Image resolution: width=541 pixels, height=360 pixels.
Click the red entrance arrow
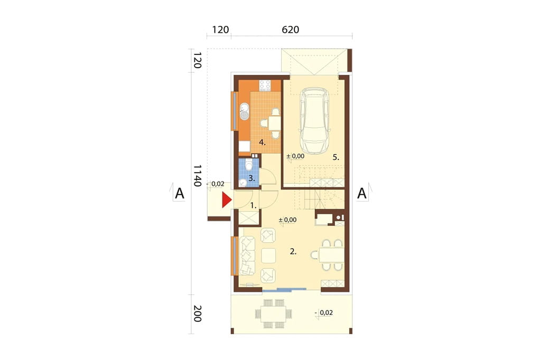click(226, 201)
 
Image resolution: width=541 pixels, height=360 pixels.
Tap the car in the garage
click(314, 120)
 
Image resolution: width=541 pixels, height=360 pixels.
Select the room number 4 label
click(262, 142)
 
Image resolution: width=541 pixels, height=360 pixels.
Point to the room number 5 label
click(335, 158)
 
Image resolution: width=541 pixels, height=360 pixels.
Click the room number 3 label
click(251, 178)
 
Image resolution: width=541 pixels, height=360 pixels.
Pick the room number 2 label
click(293, 252)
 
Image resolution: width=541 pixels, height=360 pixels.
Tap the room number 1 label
click(253, 205)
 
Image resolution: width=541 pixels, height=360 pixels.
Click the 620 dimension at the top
click(291, 30)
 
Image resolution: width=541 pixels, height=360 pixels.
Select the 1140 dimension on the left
click(197, 175)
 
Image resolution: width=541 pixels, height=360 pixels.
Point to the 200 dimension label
click(197, 314)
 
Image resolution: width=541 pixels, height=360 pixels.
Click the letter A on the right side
click(361, 193)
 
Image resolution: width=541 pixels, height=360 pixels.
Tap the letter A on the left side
click(180, 193)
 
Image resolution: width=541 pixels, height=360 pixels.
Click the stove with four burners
click(265, 85)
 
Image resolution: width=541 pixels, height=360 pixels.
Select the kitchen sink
click(244, 111)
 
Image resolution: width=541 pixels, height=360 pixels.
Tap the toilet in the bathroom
click(248, 165)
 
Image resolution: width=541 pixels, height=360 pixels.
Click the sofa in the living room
click(247, 255)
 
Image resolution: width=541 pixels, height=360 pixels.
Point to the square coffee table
click(268, 255)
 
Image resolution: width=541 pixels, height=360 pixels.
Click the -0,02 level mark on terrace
click(324, 313)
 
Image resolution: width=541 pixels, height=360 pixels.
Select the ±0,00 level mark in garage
click(295, 156)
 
